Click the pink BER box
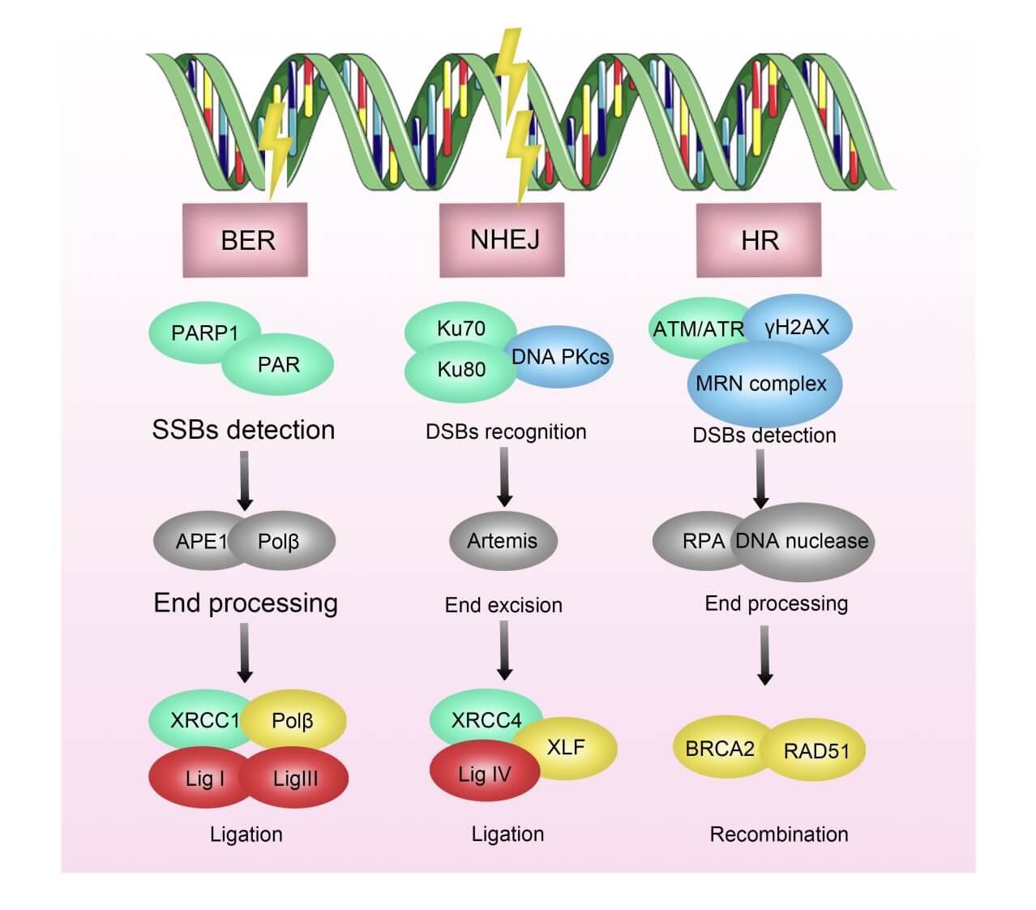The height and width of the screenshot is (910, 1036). pos(245,240)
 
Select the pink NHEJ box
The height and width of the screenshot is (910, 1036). pos(502,239)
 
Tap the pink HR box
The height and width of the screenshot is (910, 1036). pos(759,240)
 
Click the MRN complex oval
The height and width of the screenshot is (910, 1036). pos(762,384)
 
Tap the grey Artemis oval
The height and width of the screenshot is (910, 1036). pos(503,541)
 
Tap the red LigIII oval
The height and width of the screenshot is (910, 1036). pos(297,779)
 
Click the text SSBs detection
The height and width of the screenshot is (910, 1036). pos(243,430)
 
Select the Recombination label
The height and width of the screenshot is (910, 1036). pos(779,835)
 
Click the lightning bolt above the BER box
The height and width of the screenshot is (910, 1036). pos(276,150)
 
